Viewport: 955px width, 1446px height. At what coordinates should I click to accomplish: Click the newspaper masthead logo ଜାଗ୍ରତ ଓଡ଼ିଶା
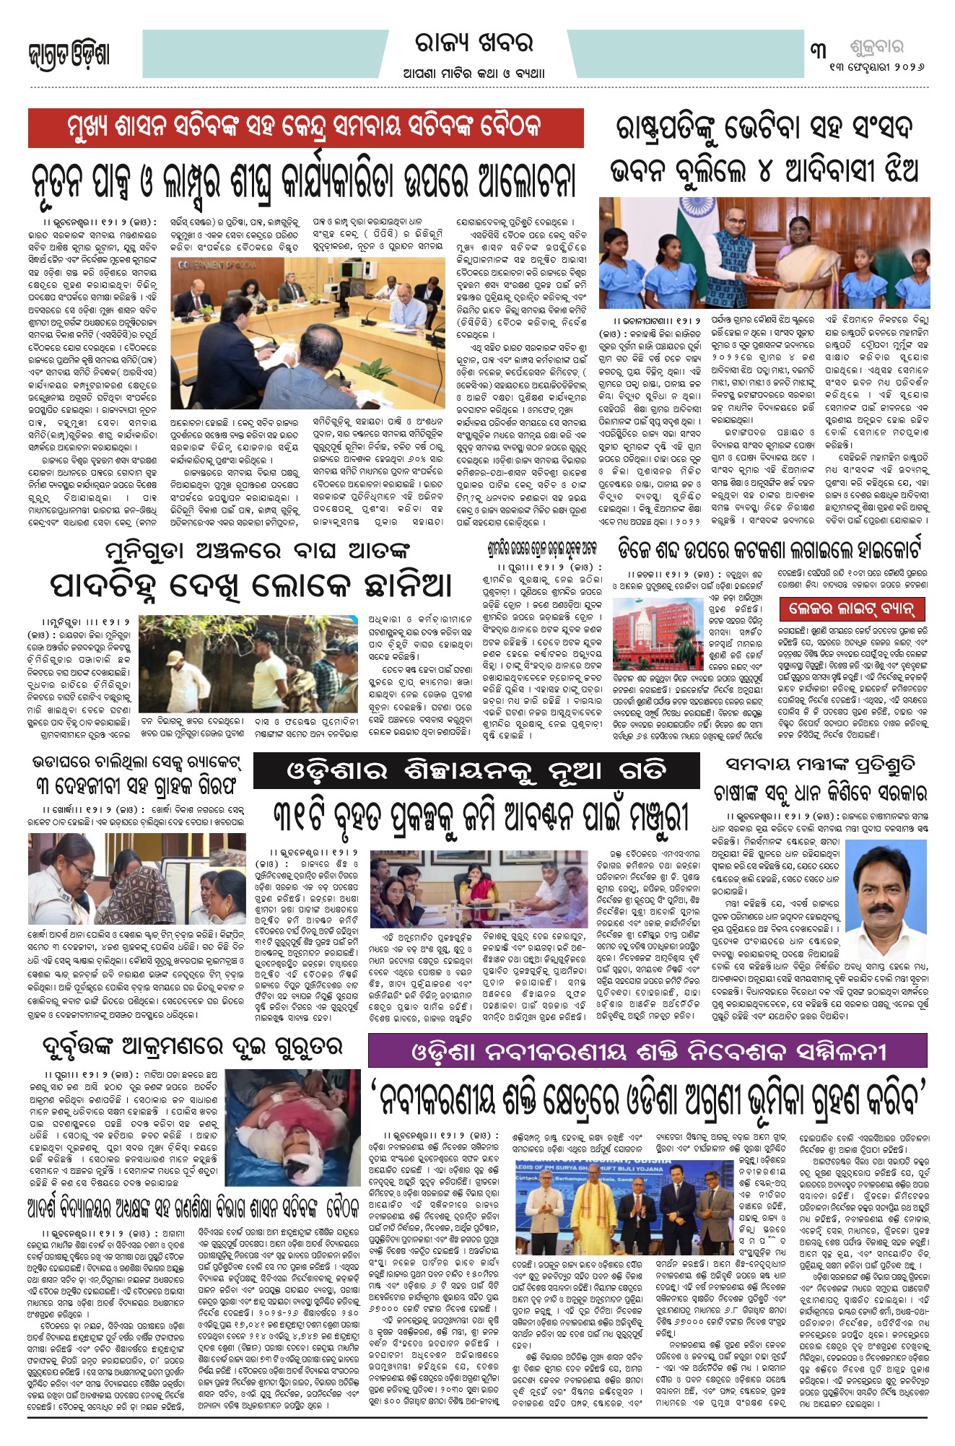69,55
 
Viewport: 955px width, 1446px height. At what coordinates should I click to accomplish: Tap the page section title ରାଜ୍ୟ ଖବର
474,43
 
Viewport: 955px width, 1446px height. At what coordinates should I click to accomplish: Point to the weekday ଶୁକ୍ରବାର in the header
876,48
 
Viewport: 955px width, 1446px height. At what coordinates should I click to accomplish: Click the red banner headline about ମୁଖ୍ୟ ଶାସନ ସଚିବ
305,129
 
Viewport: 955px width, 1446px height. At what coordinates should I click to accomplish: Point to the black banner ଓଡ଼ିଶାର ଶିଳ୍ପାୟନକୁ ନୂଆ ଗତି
476,771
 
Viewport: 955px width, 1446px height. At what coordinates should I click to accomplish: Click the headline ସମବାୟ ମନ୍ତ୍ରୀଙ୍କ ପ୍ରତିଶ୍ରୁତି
820,764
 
